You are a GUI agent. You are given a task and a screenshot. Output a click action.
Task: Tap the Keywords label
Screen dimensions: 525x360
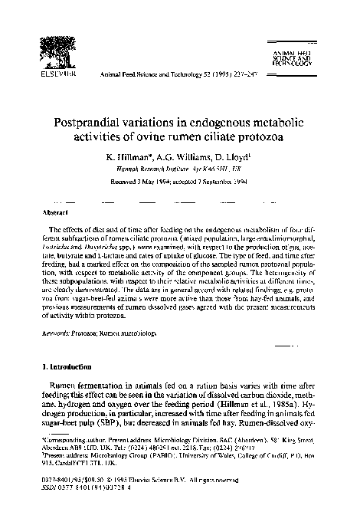coord(57,313)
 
